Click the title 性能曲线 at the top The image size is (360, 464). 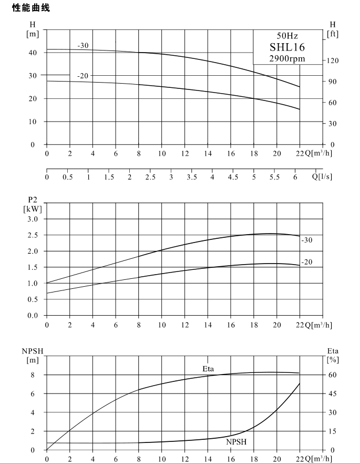pos(31,8)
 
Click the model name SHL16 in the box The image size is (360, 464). pos(287,47)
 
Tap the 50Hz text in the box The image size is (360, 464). pos(287,36)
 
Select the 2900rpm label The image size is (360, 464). pos(287,58)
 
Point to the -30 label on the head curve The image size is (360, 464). pos(83,46)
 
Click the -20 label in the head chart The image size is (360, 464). pos(83,76)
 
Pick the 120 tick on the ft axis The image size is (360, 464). pos(333,60)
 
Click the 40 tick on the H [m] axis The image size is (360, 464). pos(33,53)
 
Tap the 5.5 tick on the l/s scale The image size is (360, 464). pos(274,177)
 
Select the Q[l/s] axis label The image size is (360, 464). pos(322,177)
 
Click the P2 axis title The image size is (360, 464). pos(33,200)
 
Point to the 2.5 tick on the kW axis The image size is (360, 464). pos(33,235)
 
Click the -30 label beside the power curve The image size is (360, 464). pos(307,240)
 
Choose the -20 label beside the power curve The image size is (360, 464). pos(307,262)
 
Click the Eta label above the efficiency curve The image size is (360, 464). pos(208,369)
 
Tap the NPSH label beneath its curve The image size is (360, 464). pos(236,442)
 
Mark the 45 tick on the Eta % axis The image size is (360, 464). pos(333,394)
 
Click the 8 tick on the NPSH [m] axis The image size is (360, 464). pos(33,375)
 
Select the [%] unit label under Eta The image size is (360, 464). pos(333,360)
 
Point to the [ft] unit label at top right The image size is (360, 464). pos(333,34)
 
